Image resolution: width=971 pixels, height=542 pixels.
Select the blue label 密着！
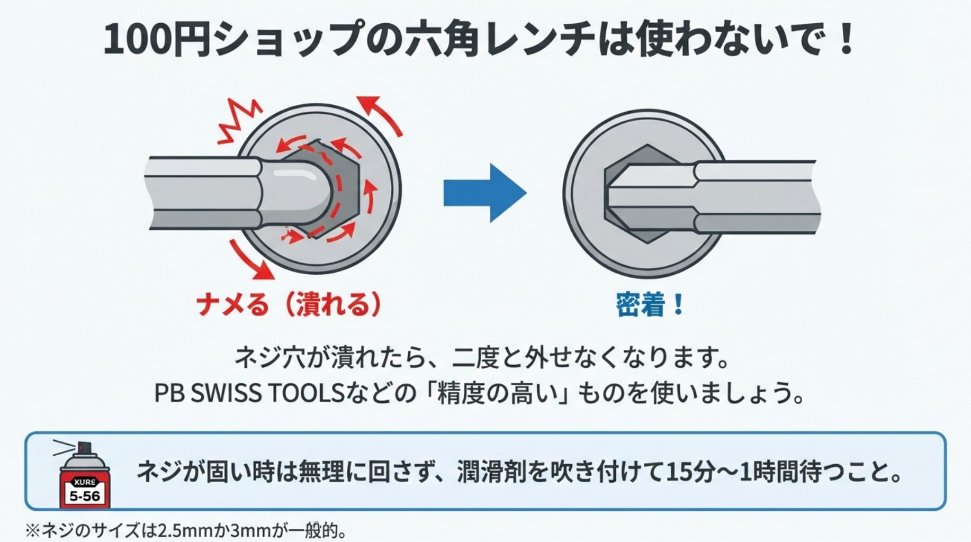click(650, 305)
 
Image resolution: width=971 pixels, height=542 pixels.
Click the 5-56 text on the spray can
click(85, 496)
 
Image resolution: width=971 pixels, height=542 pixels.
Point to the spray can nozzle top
click(83, 448)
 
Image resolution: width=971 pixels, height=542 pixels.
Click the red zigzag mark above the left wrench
click(238, 122)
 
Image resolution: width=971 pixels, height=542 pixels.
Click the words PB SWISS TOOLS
click(249, 393)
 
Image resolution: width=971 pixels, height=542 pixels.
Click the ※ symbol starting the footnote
click(33, 530)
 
